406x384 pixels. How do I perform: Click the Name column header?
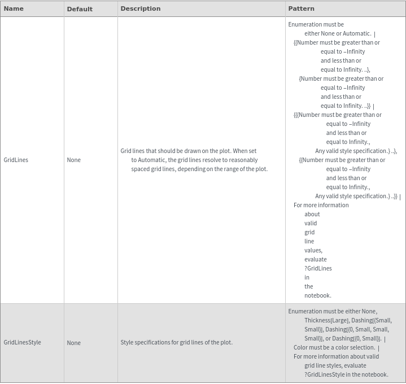[14, 8]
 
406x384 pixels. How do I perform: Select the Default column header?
[80, 9]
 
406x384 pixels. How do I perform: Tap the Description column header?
[141, 8]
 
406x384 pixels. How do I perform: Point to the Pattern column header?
[301, 8]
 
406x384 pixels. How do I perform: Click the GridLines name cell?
[16, 160]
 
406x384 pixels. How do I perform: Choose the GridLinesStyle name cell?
[22, 342]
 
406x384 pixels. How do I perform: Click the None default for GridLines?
[73, 160]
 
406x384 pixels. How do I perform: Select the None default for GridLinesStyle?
[73, 343]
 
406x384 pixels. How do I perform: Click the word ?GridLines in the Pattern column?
[318, 268]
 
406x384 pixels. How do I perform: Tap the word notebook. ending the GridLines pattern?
[318, 295]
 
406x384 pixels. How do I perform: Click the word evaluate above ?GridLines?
[316, 259]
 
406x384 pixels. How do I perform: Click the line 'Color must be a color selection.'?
[334, 347]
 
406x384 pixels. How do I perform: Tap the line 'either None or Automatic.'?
[338, 33]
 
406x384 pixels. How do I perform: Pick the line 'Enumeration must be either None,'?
[333, 311]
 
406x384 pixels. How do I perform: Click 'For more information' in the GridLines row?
[321, 205]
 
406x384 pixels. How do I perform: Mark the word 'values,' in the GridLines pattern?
[313, 250]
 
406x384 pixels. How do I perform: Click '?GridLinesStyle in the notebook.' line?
[346, 374]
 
